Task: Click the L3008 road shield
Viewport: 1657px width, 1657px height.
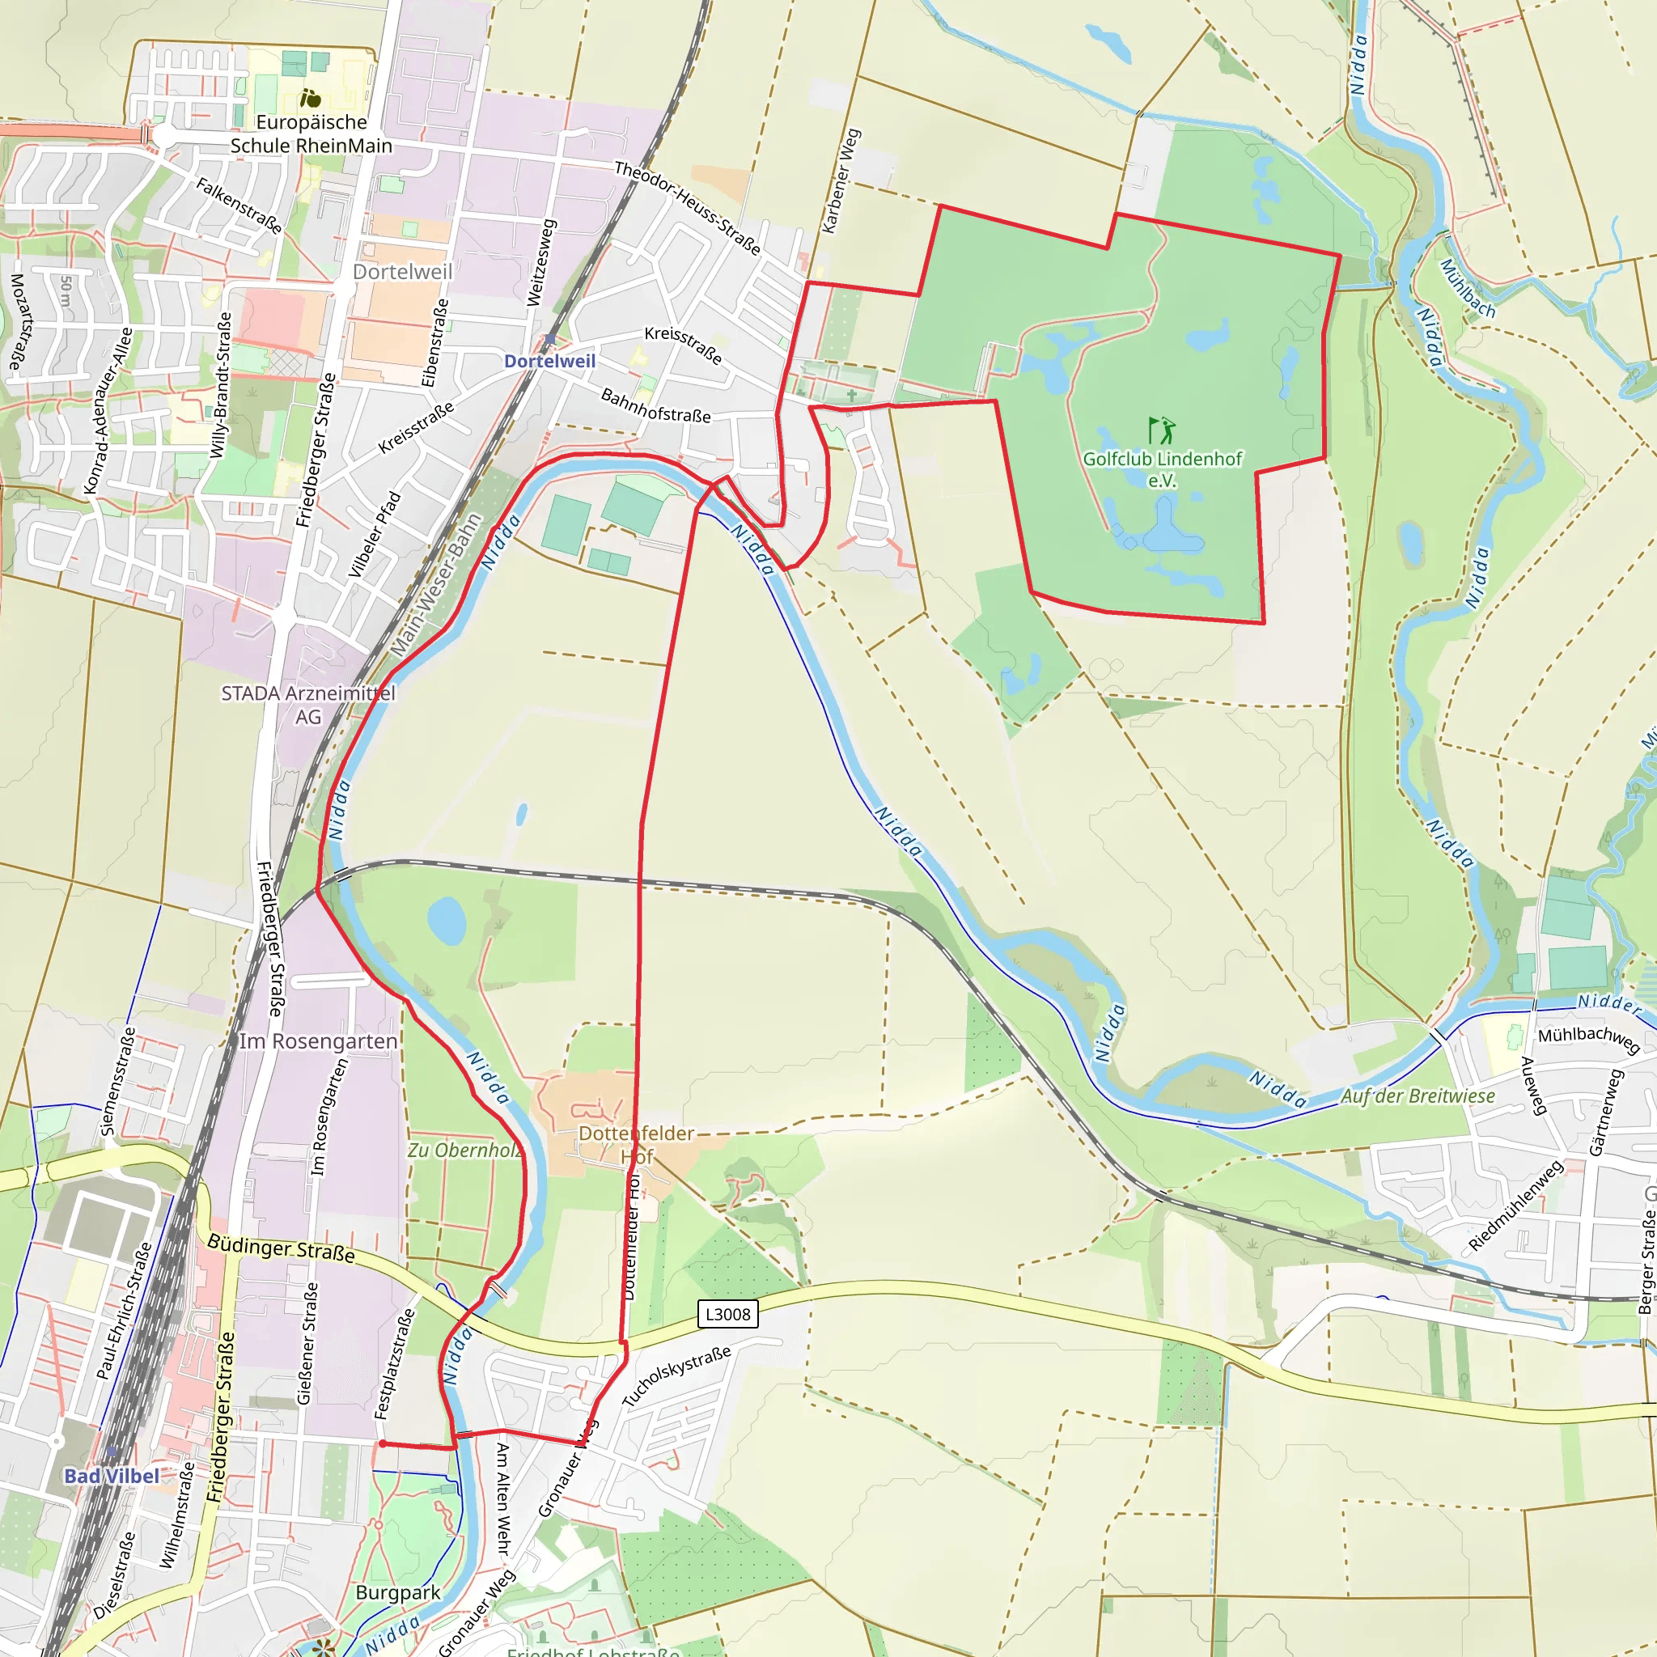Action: click(x=727, y=1314)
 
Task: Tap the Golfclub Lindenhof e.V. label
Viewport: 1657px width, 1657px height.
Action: click(x=1162, y=469)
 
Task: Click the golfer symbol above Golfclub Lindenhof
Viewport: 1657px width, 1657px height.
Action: click(x=1162, y=430)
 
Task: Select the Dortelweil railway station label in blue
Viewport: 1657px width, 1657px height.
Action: click(x=549, y=361)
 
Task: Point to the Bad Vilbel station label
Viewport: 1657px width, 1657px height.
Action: click(x=112, y=1476)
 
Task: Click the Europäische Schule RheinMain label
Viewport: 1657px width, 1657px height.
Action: click(x=311, y=133)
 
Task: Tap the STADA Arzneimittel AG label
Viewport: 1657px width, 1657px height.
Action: click(x=308, y=704)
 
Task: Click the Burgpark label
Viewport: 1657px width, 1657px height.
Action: click(x=398, y=1592)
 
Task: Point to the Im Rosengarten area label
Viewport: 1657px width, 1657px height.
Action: click(x=318, y=1041)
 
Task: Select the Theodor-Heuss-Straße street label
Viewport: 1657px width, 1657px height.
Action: click(x=688, y=209)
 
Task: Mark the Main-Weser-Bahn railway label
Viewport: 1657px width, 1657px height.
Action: click(x=437, y=585)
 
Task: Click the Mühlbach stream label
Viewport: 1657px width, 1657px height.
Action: click(x=1468, y=288)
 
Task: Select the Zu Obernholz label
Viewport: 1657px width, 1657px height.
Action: click(x=464, y=1151)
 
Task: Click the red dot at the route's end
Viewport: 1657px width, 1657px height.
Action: click(x=382, y=1444)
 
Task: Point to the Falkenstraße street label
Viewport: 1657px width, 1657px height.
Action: click(x=239, y=205)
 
